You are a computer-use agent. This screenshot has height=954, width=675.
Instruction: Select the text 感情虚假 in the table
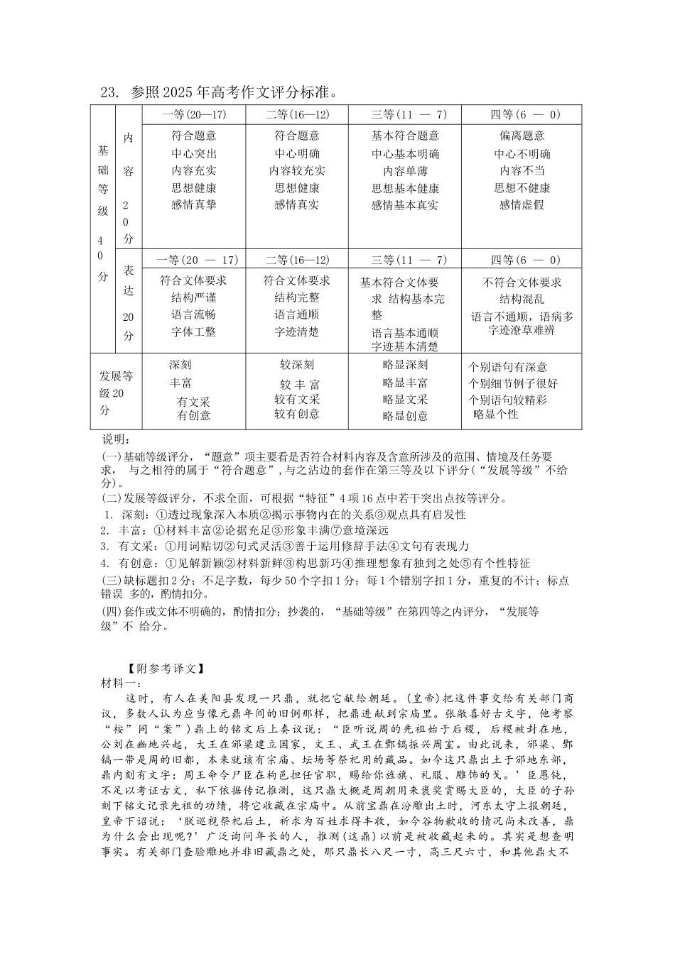[522, 205]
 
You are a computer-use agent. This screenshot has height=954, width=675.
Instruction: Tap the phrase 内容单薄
[405, 171]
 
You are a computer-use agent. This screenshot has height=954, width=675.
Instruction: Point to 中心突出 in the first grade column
[194, 153]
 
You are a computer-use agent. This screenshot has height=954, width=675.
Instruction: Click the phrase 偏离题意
[522, 136]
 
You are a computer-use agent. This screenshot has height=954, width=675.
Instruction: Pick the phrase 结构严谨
[194, 298]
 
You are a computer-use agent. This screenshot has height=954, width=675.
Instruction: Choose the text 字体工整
[194, 331]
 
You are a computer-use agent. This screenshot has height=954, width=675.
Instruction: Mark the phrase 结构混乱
[522, 300]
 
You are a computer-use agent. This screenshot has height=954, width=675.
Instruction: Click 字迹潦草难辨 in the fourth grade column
[522, 330]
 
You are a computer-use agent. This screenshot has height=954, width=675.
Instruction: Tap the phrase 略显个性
[496, 414]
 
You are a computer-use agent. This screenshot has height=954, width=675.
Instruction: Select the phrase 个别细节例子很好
[513, 383]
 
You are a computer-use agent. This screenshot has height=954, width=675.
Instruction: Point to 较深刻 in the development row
[297, 365]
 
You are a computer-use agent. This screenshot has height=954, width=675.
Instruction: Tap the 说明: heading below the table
[112, 440]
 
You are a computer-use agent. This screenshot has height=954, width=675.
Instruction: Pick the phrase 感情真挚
[194, 204]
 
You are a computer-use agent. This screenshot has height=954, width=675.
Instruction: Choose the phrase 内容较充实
[297, 170]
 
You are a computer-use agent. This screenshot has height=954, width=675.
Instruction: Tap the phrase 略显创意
[405, 416]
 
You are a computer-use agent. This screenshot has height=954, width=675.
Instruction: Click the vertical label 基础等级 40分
[103, 213]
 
